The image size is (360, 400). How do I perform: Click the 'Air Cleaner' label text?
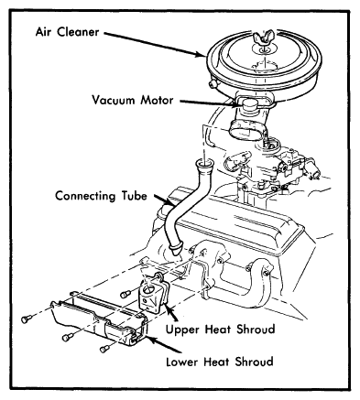(67, 32)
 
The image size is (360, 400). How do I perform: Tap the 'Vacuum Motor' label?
(133, 100)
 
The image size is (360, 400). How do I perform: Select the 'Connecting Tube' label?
(101, 196)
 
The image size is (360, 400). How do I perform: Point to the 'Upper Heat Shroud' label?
(220, 330)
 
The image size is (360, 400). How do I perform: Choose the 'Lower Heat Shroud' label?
(220, 362)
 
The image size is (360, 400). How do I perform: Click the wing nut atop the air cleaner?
(261, 38)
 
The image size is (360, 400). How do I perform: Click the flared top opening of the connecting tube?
(204, 164)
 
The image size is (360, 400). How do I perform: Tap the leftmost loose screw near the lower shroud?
(27, 319)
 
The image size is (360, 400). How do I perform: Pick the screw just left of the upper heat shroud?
(125, 294)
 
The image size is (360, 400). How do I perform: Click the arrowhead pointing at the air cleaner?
(201, 55)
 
